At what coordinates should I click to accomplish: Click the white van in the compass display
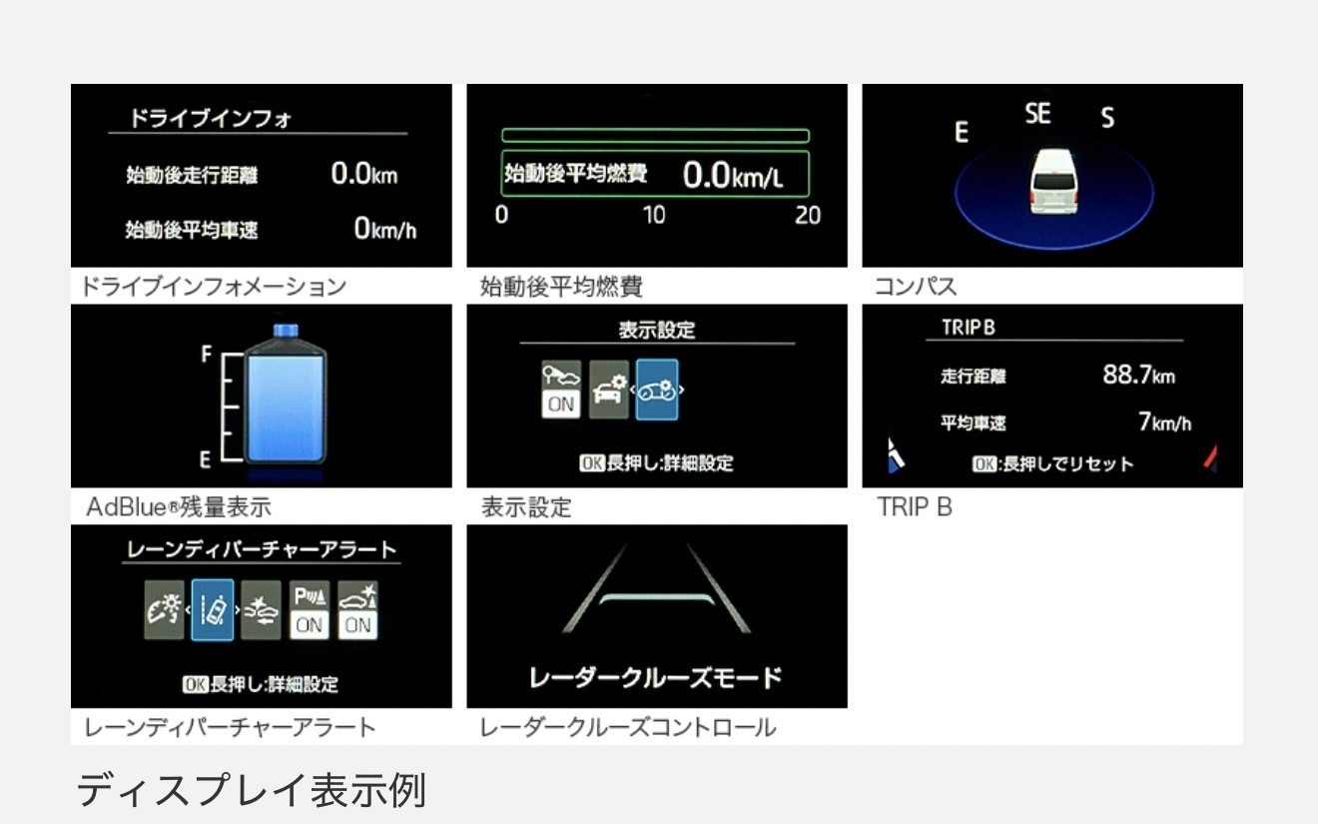point(1053,182)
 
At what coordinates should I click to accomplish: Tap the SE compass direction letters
point(1037,113)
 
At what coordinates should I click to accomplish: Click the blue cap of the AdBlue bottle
point(286,331)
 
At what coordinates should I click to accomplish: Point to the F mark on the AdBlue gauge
point(206,354)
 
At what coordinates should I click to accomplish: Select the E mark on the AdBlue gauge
point(205,459)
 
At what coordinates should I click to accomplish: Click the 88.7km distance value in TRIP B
point(1138,375)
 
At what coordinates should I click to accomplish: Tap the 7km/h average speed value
point(1164,421)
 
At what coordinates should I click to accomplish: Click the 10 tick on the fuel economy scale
point(654,215)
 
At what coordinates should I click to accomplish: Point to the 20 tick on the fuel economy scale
point(807,216)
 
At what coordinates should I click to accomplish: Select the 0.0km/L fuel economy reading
point(733,175)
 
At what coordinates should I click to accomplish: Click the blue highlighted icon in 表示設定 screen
point(657,390)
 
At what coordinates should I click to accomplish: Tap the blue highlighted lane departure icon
point(213,609)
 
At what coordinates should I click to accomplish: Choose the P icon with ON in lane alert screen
point(310,610)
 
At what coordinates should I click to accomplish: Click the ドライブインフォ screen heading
point(210,118)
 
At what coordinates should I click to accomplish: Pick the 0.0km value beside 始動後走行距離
point(364,174)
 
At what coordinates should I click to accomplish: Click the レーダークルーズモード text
point(655,677)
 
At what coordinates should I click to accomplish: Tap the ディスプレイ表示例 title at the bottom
point(252,790)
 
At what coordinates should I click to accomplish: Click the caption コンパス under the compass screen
point(916,287)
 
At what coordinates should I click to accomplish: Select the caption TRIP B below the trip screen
point(915,506)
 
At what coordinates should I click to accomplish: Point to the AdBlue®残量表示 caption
point(179,506)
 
